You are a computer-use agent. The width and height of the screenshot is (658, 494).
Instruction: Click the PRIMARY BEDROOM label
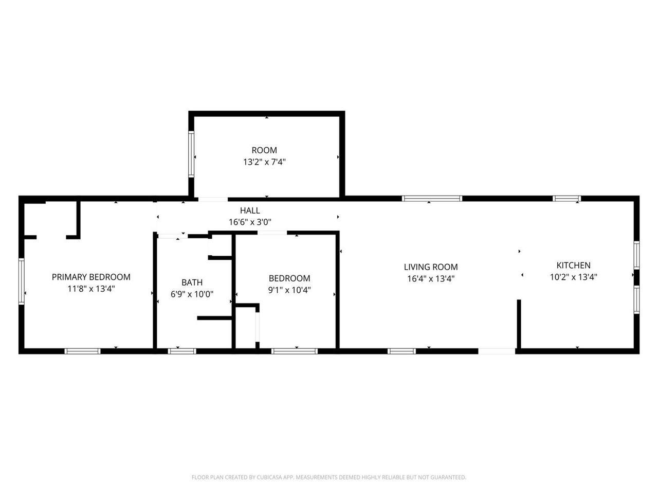point(91,277)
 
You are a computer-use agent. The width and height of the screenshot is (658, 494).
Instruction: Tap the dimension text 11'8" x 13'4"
point(91,289)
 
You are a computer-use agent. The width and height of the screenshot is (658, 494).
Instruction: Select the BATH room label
point(192,282)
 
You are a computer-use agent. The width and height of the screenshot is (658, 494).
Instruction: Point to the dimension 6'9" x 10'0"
point(192,294)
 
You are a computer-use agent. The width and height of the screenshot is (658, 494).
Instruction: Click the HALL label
point(250,210)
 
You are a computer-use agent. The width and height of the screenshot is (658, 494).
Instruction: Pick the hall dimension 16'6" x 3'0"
point(250,222)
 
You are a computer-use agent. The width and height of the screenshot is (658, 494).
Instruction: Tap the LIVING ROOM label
point(431,267)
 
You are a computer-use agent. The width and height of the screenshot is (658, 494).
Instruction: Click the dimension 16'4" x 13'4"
point(431,279)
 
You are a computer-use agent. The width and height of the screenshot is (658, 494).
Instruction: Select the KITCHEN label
point(574,265)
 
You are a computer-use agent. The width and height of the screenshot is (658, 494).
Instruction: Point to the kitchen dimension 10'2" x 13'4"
point(574,277)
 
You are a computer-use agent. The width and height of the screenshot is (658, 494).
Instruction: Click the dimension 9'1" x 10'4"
point(289,290)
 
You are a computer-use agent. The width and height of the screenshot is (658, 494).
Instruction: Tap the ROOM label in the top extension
point(264,150)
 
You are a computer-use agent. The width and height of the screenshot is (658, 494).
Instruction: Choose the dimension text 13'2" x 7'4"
point(264,162)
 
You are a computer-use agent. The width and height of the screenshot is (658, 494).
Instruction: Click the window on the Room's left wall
point(191,154)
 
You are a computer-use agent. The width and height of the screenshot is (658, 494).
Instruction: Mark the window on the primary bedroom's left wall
point(21,281)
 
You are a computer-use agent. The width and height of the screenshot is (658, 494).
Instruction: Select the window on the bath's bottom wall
point(182,351)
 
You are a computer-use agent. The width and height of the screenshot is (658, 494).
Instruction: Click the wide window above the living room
point(432,198)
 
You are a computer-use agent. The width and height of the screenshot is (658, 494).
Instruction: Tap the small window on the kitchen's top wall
point(567,198)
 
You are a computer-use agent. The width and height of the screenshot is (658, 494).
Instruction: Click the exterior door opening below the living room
point(497,351)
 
